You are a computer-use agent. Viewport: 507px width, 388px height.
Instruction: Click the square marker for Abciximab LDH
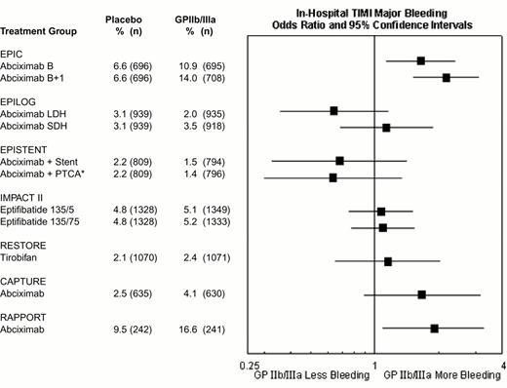click(334, 112)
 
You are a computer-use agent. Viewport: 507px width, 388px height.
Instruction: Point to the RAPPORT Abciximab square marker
click(434, 329)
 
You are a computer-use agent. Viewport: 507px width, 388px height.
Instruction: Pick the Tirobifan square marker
click(388, 261)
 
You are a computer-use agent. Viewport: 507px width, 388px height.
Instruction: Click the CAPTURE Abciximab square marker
click(421, 294)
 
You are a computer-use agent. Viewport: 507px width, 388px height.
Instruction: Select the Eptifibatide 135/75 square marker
click(382, 227)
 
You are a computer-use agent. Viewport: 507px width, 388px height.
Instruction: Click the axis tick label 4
click(502, 364)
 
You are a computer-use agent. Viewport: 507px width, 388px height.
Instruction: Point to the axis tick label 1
click(375, 364)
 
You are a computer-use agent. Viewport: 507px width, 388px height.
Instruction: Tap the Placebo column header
click(124, 18)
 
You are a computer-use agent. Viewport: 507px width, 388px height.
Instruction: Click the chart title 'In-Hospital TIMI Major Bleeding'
click(375, 12)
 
